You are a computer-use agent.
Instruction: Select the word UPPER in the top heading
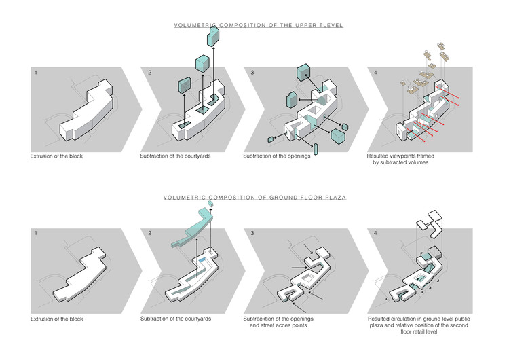coord(303,25)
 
